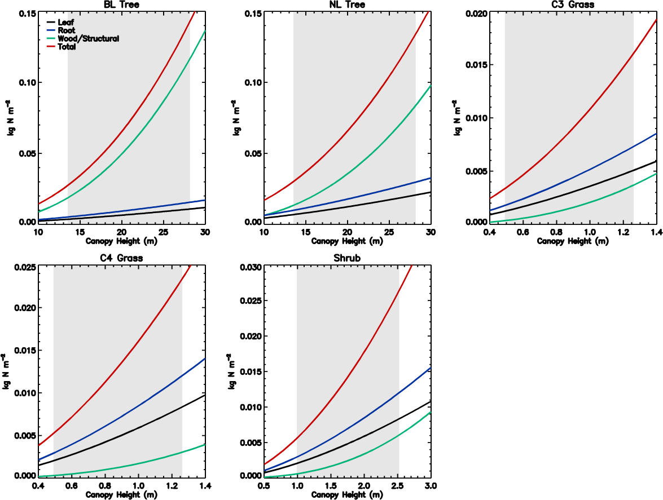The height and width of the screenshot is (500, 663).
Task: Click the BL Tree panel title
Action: coord(121,5)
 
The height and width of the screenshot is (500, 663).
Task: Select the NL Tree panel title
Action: coord(347,5)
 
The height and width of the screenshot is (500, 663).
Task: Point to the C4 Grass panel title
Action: coord(121,259)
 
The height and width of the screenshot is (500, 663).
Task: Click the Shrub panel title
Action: coord(347,259)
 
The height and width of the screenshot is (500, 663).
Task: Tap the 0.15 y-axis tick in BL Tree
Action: coord(26,12)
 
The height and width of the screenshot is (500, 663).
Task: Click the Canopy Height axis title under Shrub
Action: coord(347,495)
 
